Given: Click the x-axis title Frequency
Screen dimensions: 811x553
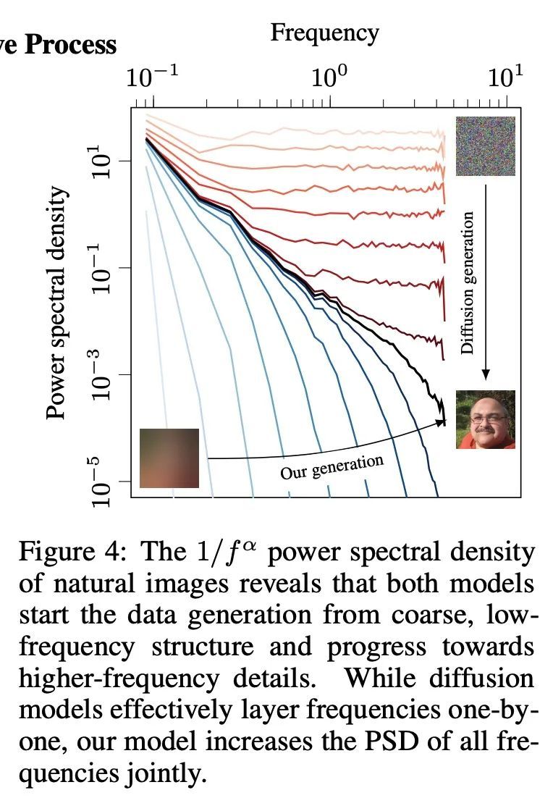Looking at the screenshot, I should pos(324,33).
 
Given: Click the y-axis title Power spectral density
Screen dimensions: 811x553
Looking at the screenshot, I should pos(57,304).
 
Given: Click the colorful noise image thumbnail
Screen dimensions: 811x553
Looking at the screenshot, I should pos(485,146).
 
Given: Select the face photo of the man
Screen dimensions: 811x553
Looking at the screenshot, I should pos(485,419).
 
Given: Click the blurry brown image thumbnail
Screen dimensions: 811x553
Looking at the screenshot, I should pos(169,458).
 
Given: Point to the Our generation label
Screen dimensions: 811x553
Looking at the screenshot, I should pos(332,467).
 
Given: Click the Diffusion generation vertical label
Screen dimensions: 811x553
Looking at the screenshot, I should pos(468,282).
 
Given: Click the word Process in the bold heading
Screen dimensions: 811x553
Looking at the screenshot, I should pos(72,45).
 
